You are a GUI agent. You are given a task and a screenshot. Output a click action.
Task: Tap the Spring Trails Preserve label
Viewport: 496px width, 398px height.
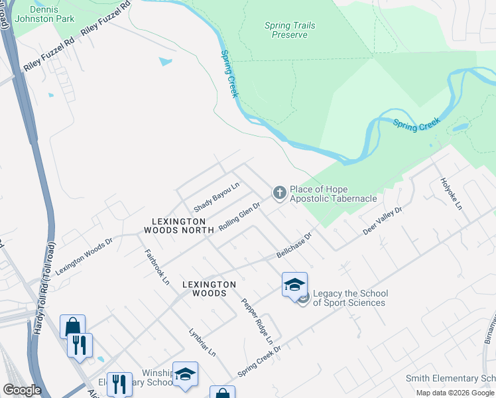tap(290, 30)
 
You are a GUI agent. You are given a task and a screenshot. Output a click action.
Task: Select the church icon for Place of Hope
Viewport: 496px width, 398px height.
tap(280, 193)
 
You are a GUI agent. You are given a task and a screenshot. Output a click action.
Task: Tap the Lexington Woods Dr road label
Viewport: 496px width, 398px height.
tap(84, 256)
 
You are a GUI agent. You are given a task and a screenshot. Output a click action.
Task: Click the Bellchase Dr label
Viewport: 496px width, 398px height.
tap(294, 246)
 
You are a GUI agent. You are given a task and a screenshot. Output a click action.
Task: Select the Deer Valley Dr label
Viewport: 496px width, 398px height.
tap(383, 221)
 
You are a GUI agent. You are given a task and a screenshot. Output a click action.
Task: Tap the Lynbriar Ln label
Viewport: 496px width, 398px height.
tap(202, 342)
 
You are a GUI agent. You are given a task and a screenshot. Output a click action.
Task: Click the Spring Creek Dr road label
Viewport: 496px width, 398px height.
tap(259, 361)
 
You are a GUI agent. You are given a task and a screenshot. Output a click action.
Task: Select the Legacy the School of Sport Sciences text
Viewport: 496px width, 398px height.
tap(349, 298)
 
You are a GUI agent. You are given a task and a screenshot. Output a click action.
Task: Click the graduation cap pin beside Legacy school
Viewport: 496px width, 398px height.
tap(294, 286)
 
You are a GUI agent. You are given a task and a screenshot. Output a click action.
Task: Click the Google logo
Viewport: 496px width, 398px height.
tap(22, 390)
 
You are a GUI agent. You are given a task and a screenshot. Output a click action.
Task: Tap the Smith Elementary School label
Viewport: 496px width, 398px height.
tap(450, 379)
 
